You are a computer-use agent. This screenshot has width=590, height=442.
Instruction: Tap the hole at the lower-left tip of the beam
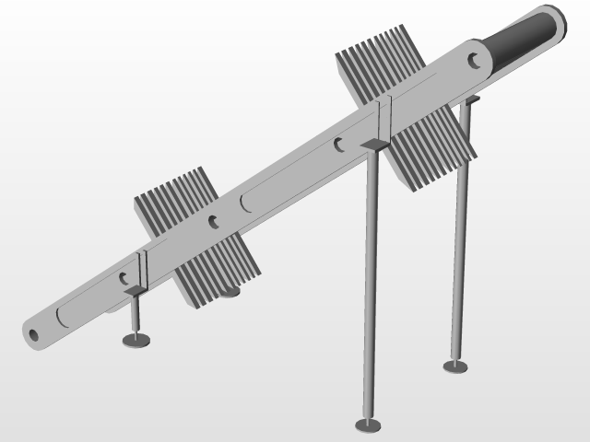(34, 334)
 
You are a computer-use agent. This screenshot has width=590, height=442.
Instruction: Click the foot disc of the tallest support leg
(368, 425)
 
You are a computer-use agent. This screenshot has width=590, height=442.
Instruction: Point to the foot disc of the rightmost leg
(455, 366)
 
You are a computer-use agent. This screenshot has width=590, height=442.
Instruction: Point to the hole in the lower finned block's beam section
(214, 221)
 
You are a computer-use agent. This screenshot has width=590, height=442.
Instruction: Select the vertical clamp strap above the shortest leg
(143, 269)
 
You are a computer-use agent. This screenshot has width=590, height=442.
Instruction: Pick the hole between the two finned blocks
(339, 145)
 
